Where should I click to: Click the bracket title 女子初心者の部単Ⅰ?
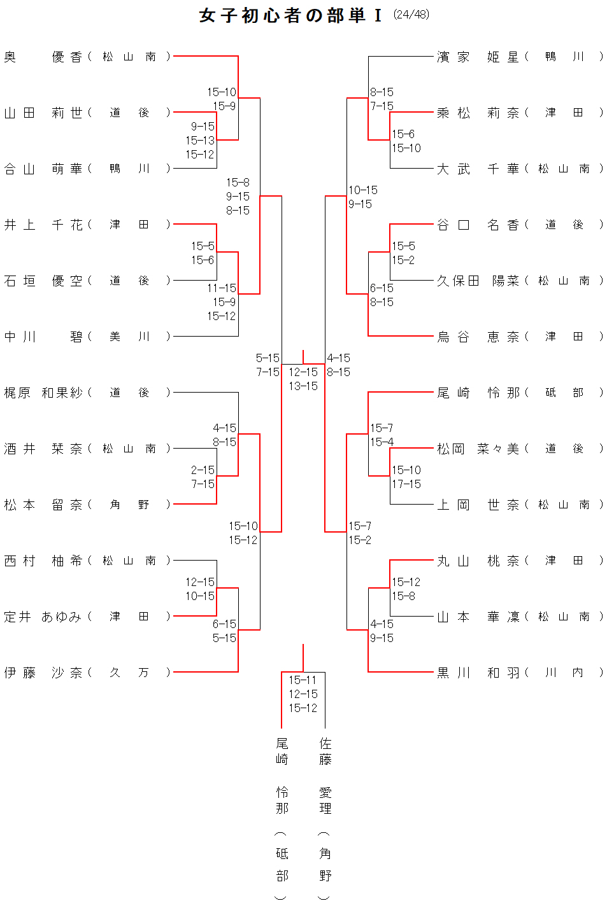(x=290, y=15)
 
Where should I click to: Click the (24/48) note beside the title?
(x=411, y=15)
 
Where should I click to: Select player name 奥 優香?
(x=43, y=57)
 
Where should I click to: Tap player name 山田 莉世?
(x=43, y=113)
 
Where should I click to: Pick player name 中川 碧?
(x=43, y=337)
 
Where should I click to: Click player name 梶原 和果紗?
(x=43, y=393)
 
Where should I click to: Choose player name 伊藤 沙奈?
(x=43, y=673)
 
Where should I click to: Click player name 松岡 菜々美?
(x=478, y=449)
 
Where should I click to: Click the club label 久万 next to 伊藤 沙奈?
(x=129, y=673)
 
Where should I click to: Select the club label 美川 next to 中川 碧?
(x=129, y=337)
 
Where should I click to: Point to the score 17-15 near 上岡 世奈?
(x=406, y=484)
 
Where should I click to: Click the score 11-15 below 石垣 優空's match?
(x=222, y=288)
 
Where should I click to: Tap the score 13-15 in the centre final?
(x=303, y=386)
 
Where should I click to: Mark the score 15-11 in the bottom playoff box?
(x=303, y=680)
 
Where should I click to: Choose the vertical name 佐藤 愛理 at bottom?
(x=325, y=808)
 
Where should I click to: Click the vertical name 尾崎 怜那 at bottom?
(x=282, y=808)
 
